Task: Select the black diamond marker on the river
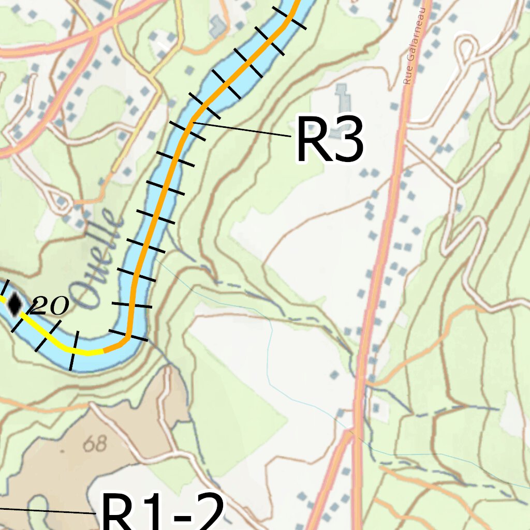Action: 14,303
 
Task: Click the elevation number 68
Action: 95,444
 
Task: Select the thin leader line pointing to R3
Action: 243,129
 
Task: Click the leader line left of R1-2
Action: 47,511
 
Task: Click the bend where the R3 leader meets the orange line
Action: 191,122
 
